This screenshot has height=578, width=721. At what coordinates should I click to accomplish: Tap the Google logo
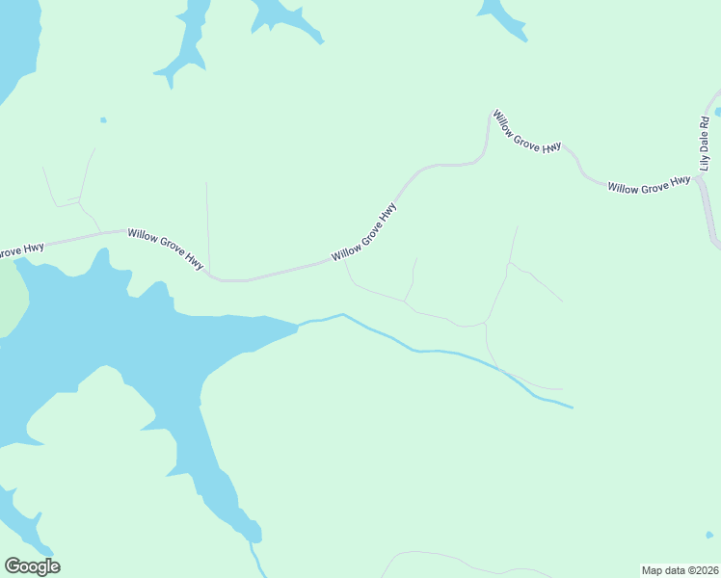coord(32,565)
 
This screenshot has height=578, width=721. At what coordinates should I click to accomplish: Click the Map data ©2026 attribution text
coord(680,570)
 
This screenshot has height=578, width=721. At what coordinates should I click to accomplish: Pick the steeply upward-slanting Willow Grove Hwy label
coord(364,232)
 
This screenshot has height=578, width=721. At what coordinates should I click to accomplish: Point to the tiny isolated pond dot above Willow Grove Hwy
coord(103,120)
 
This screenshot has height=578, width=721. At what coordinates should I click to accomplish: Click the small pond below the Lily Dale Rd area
coord(709,535)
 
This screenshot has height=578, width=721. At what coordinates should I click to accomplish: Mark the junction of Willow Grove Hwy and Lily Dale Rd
coord(701,176)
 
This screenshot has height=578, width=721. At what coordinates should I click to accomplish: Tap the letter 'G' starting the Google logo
coord(13,565)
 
